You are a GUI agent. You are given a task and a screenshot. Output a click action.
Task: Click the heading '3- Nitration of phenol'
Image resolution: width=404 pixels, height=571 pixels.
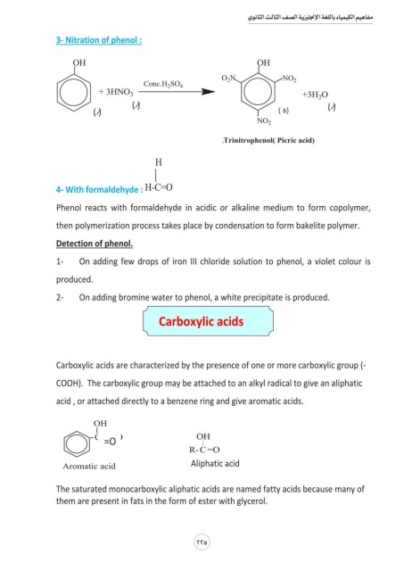(99, 40)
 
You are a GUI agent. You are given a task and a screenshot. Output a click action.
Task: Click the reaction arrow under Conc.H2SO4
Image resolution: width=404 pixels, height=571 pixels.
(177, 91)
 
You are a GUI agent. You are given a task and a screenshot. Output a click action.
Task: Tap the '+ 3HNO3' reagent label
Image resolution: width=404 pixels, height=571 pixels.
(116, 92)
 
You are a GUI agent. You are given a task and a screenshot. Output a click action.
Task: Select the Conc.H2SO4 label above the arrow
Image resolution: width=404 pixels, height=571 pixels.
(163, 84)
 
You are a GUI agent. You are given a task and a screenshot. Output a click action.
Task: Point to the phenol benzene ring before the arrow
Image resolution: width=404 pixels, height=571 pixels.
(74, 93)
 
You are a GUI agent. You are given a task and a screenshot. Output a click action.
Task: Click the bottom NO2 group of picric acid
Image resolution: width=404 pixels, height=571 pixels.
(264, 121)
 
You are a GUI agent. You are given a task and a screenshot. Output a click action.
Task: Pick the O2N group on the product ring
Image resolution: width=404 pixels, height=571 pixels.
(228, 79)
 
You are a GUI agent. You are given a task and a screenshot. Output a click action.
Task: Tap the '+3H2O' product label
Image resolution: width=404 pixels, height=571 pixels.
(315, 95)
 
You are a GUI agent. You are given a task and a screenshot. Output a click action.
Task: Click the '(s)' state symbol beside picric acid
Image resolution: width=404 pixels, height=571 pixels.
(284, 111)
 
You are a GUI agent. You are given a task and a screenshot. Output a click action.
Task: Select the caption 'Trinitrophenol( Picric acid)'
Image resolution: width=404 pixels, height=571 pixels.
(268, 140)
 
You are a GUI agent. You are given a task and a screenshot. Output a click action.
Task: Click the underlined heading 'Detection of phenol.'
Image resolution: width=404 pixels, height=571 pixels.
(95, 244)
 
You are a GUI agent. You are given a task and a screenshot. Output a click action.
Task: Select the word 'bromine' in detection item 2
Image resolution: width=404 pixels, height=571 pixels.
(133, 297)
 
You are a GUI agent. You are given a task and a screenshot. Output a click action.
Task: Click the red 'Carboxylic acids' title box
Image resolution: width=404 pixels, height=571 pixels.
(208, 321)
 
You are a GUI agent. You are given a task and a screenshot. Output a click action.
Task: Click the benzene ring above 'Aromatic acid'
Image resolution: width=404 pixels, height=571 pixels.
(77, 443)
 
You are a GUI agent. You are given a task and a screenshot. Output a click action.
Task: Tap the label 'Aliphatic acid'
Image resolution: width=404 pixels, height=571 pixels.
(215, 464)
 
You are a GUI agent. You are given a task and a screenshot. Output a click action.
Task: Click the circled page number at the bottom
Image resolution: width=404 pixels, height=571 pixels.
(202, 542)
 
